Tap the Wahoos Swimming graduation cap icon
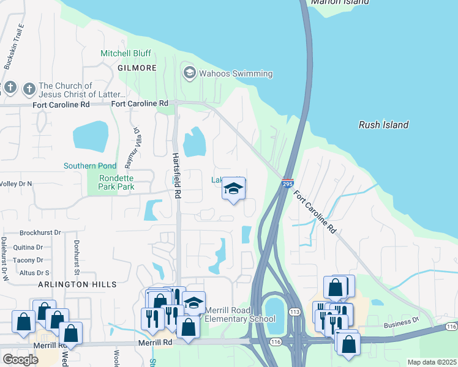tap(189, 74)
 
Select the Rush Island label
tap(383, 125)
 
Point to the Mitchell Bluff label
tap(126, 54)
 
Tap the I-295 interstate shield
tap(288, 182)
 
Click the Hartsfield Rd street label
tap(177, 175)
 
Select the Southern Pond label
tap(89, 166)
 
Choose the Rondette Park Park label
tap(108, 182)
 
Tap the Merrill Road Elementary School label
tap(239, 314)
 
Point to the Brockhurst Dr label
tap(40, 232)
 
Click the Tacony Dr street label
tap(30, 260)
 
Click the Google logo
tap(20, 359)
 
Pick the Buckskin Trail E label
tap(13, 46)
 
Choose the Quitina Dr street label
tap(31, 248)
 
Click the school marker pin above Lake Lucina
tap(233, 189)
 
